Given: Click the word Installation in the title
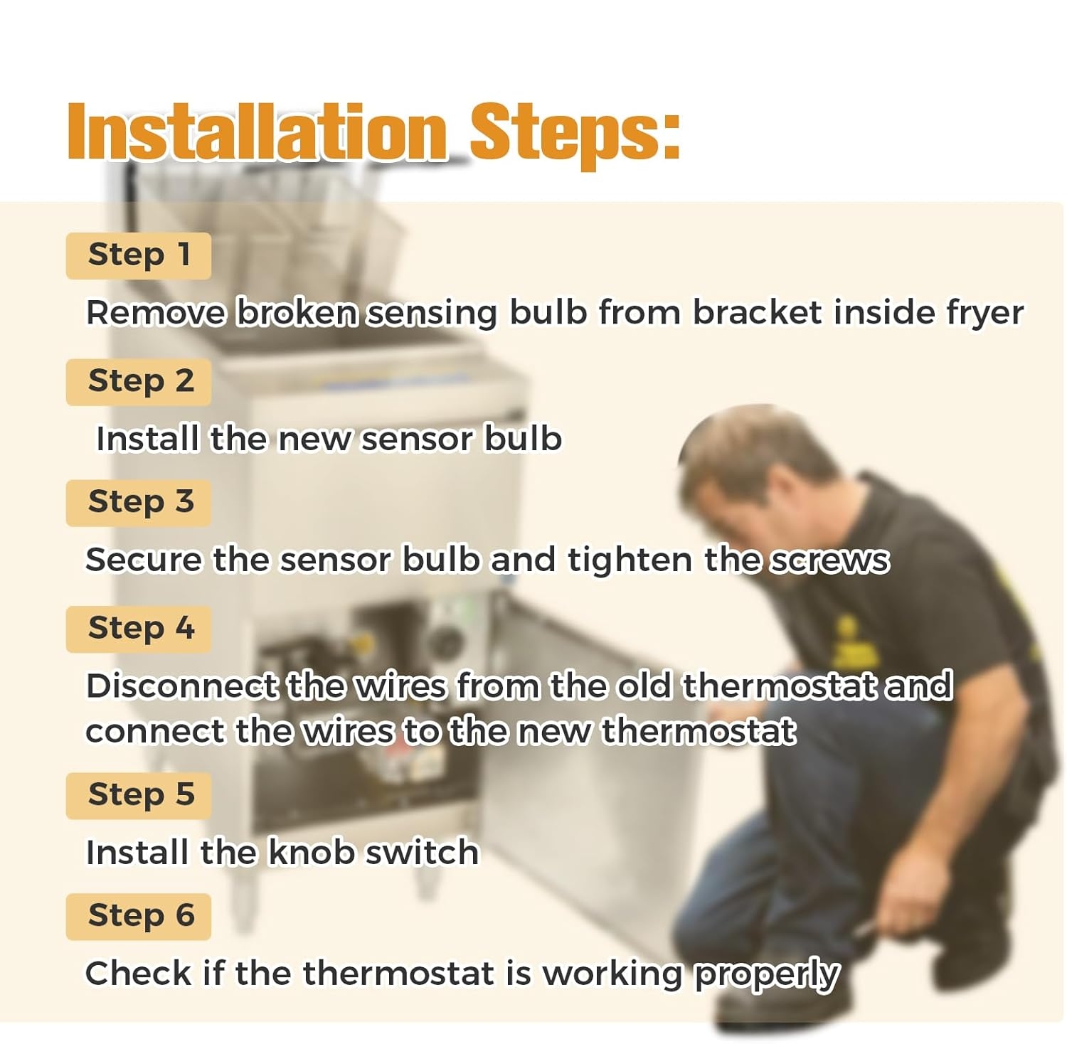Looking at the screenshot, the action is tap(257, 132).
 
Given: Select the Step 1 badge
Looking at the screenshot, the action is tap(139, 256).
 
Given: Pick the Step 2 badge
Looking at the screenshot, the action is tap(139, 382).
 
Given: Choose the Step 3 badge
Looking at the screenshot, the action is tap(139, 503).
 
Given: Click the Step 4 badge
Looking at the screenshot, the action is tap(139, 629).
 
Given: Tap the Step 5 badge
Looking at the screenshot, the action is tap(139, 796).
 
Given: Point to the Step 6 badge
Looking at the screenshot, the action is tap(139, 917).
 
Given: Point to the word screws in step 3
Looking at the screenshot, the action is tap(829, 561).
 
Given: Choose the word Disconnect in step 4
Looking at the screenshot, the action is tap(181, 686).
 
